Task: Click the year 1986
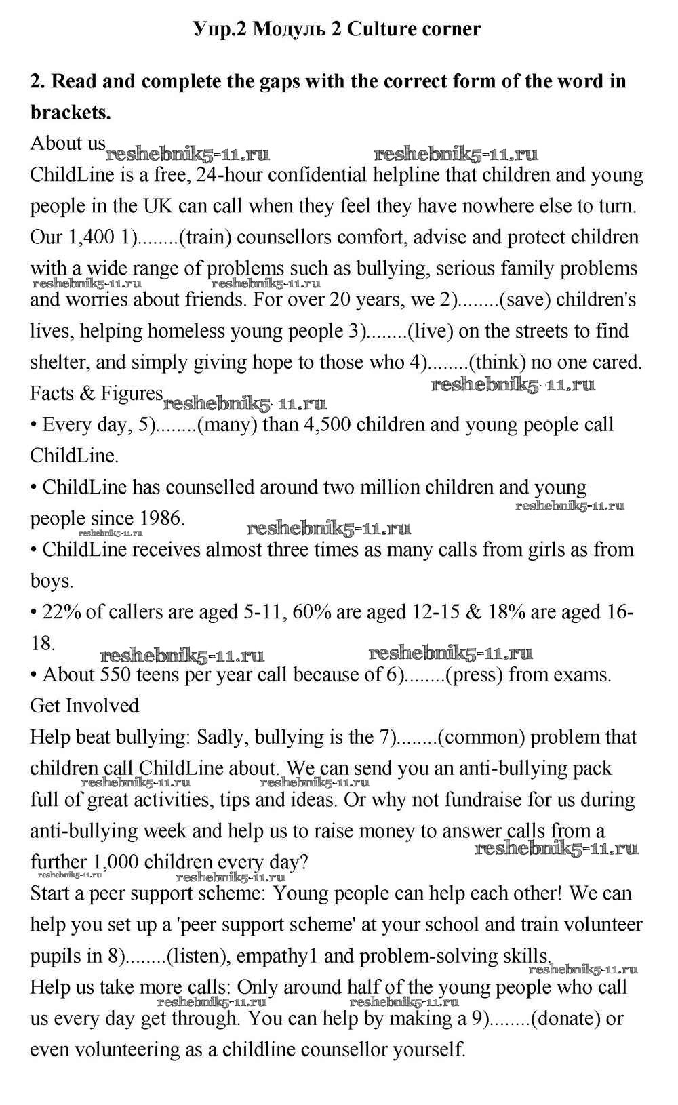pos(161,519)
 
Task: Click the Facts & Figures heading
pos(96,393)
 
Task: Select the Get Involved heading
pos(84,706)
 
